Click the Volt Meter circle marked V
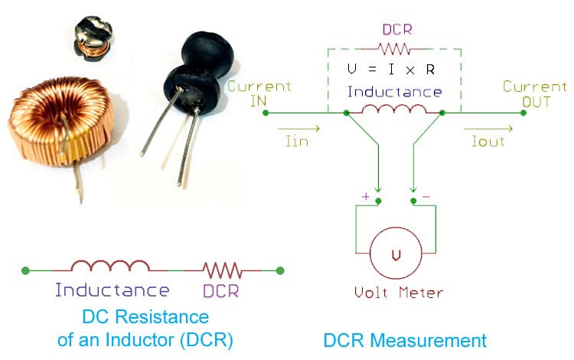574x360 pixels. click(x=395, y=255)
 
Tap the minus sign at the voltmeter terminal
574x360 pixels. click(x=426, y=197)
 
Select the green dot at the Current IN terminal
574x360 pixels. click(x=265, y=113)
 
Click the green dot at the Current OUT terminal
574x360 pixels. click(x=523, y=113)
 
